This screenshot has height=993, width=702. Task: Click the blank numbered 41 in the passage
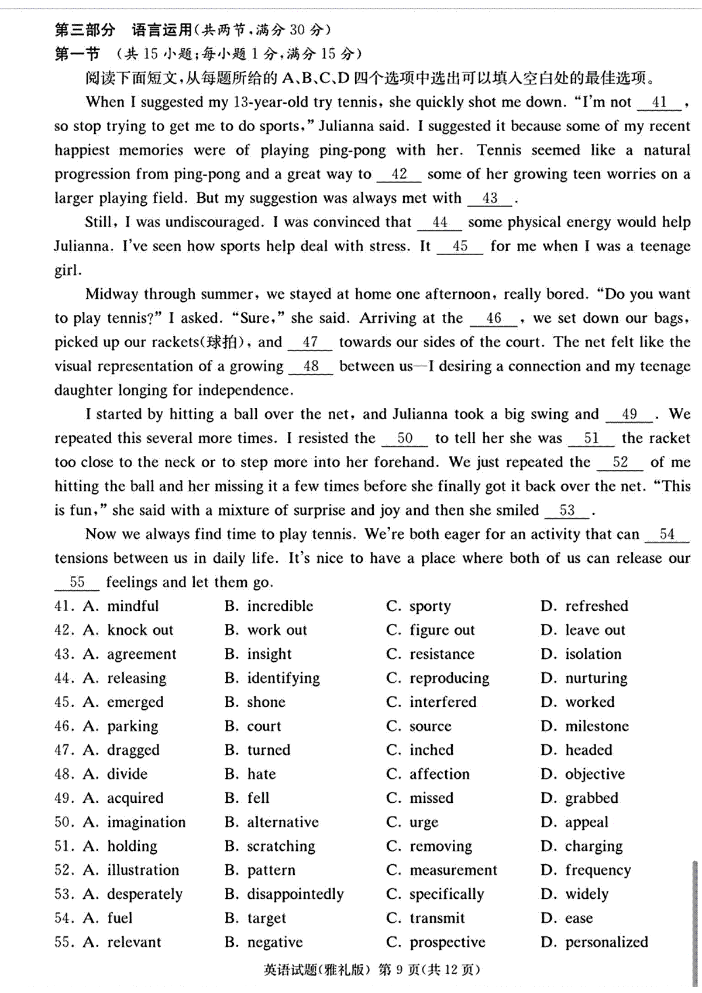[659, 103]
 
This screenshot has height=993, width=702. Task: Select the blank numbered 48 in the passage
[311, 367]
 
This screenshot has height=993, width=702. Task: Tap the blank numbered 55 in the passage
[77, 583]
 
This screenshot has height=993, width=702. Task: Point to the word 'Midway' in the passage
[111, 294]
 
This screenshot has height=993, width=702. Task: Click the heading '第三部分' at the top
[85, 30]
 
